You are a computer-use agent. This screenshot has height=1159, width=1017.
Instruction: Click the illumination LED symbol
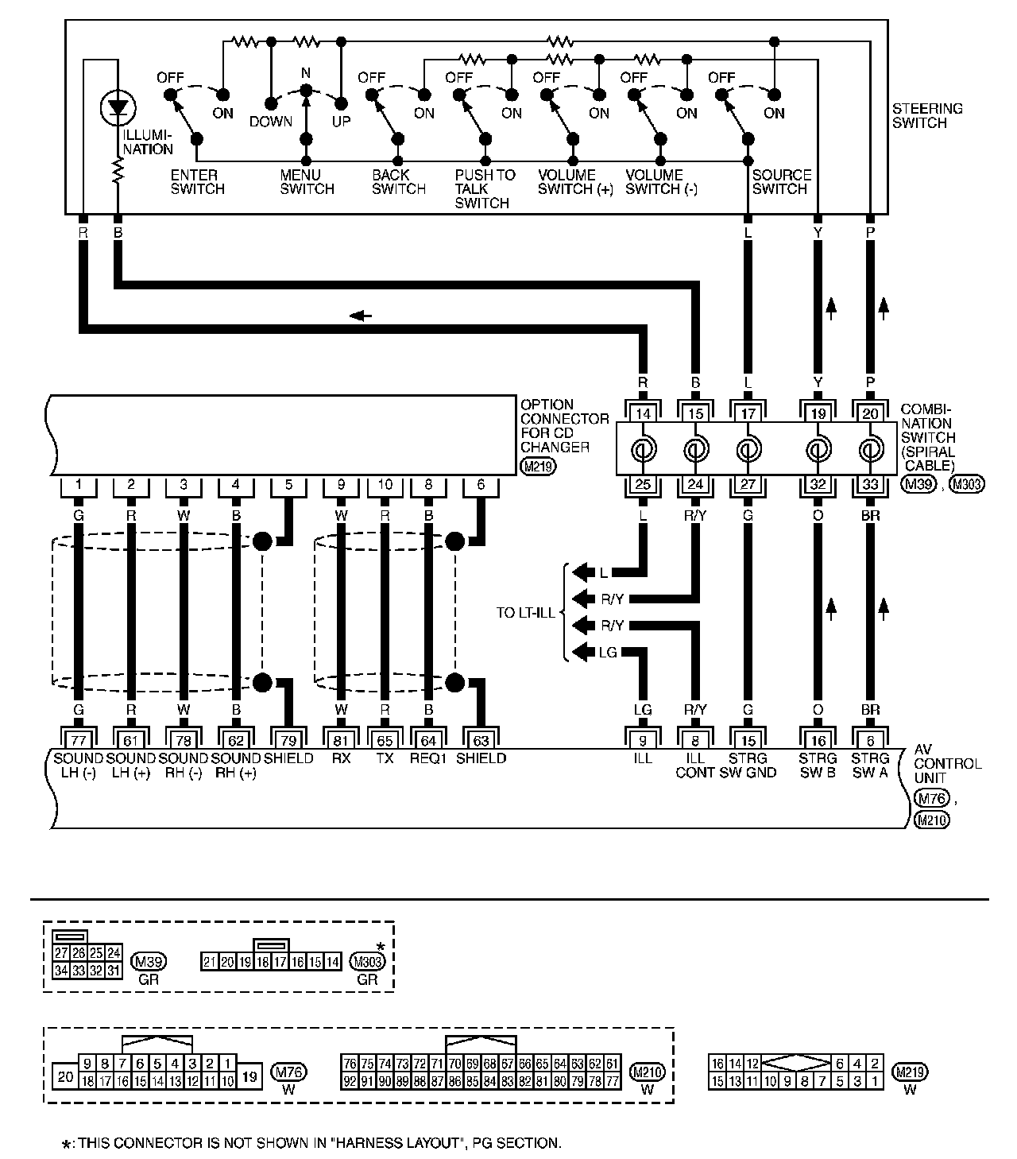pos(119,107)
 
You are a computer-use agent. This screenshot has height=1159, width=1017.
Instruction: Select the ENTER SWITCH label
pos(198,182)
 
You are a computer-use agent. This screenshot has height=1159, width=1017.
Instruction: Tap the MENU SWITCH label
pos(307,182)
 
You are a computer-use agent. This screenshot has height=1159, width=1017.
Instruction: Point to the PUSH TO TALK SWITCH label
pos(485,189)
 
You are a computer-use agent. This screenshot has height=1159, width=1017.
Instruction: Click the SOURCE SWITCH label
pos(782,182)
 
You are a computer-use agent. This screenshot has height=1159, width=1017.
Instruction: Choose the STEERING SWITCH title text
pos(927,116)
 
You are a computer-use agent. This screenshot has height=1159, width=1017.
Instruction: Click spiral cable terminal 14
pos(643,413)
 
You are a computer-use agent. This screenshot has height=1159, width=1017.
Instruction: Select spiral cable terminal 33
pos(871,484)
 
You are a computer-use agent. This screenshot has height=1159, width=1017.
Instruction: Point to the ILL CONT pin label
pos(695,765)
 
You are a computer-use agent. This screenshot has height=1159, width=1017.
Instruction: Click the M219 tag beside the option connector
pos(538,467)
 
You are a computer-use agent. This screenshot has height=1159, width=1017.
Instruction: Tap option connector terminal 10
pos(385,484)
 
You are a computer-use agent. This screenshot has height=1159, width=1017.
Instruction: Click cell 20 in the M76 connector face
pos(65,1076)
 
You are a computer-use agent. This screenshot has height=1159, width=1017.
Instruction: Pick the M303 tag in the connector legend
pos(366,961)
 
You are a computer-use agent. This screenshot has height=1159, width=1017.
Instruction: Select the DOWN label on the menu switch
pos(271,122)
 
